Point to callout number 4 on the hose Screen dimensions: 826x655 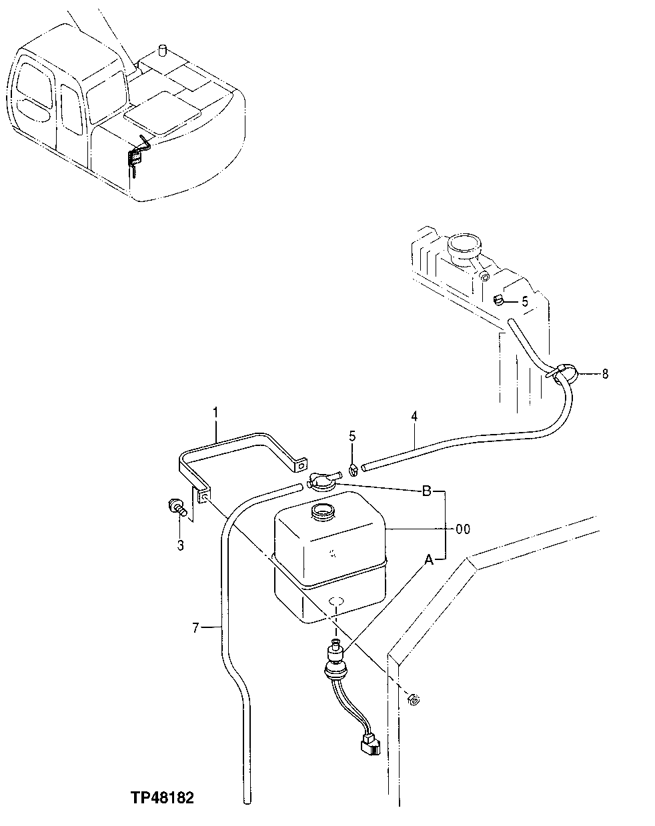[414, 417]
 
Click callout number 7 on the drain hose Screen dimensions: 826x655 [195, 626]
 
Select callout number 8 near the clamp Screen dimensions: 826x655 [604, 374]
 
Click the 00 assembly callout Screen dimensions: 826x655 [462, 529]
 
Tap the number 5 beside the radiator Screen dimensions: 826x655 [525, 301]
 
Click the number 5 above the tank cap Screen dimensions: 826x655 [353, 437]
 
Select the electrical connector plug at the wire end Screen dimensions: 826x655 [368, 744]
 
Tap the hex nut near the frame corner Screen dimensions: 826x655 [412, 699]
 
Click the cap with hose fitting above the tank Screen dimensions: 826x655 [323, 480]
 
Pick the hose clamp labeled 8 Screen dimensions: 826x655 [561, 373]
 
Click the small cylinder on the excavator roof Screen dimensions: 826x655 [161, 52]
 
